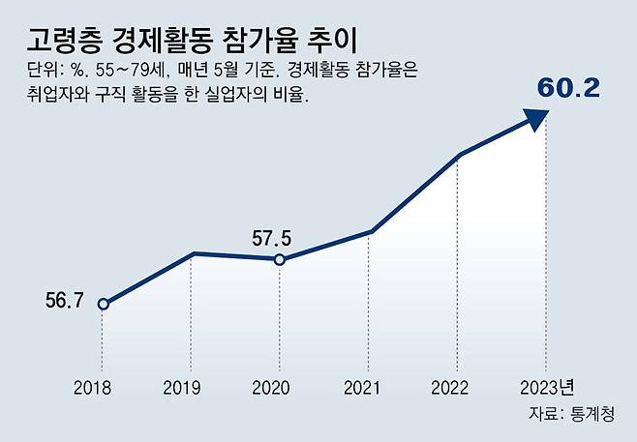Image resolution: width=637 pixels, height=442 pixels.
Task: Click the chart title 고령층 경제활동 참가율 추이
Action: point(191,41)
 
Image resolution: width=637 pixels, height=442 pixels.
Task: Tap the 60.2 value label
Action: point(569,90)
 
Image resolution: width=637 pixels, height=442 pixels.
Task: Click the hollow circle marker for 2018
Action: point(103,304)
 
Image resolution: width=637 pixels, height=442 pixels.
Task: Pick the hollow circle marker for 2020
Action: point(279,259)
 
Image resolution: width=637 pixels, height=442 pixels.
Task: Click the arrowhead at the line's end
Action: point(535,118)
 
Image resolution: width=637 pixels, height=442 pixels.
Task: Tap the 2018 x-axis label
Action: point(93,388)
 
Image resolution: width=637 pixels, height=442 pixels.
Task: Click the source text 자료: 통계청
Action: point(576,413)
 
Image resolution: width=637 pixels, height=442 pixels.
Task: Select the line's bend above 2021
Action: point(370,232)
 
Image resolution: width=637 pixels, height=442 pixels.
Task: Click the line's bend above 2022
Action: point(459,155)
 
